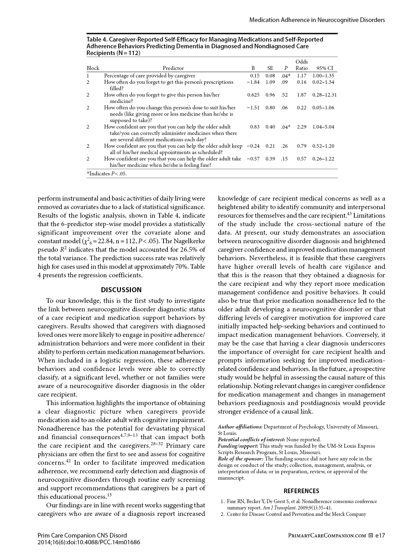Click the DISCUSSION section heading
pos(121,290)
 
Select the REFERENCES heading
pos(301,491)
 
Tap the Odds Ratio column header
pos(301,65)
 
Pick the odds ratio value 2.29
pos(301,127)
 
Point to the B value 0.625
pos(253,95)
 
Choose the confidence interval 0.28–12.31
pos(325,95)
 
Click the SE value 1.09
pos(270,82)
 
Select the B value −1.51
pos(253,108)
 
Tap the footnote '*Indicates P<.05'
pos(107,174)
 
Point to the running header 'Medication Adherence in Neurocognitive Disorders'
pos(317,20)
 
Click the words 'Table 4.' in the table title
pos(97,39)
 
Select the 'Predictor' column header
pos(173,68)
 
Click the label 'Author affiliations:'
pos(240,427)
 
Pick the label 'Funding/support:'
pos(238,446)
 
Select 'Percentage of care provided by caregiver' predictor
pos(149,76)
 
